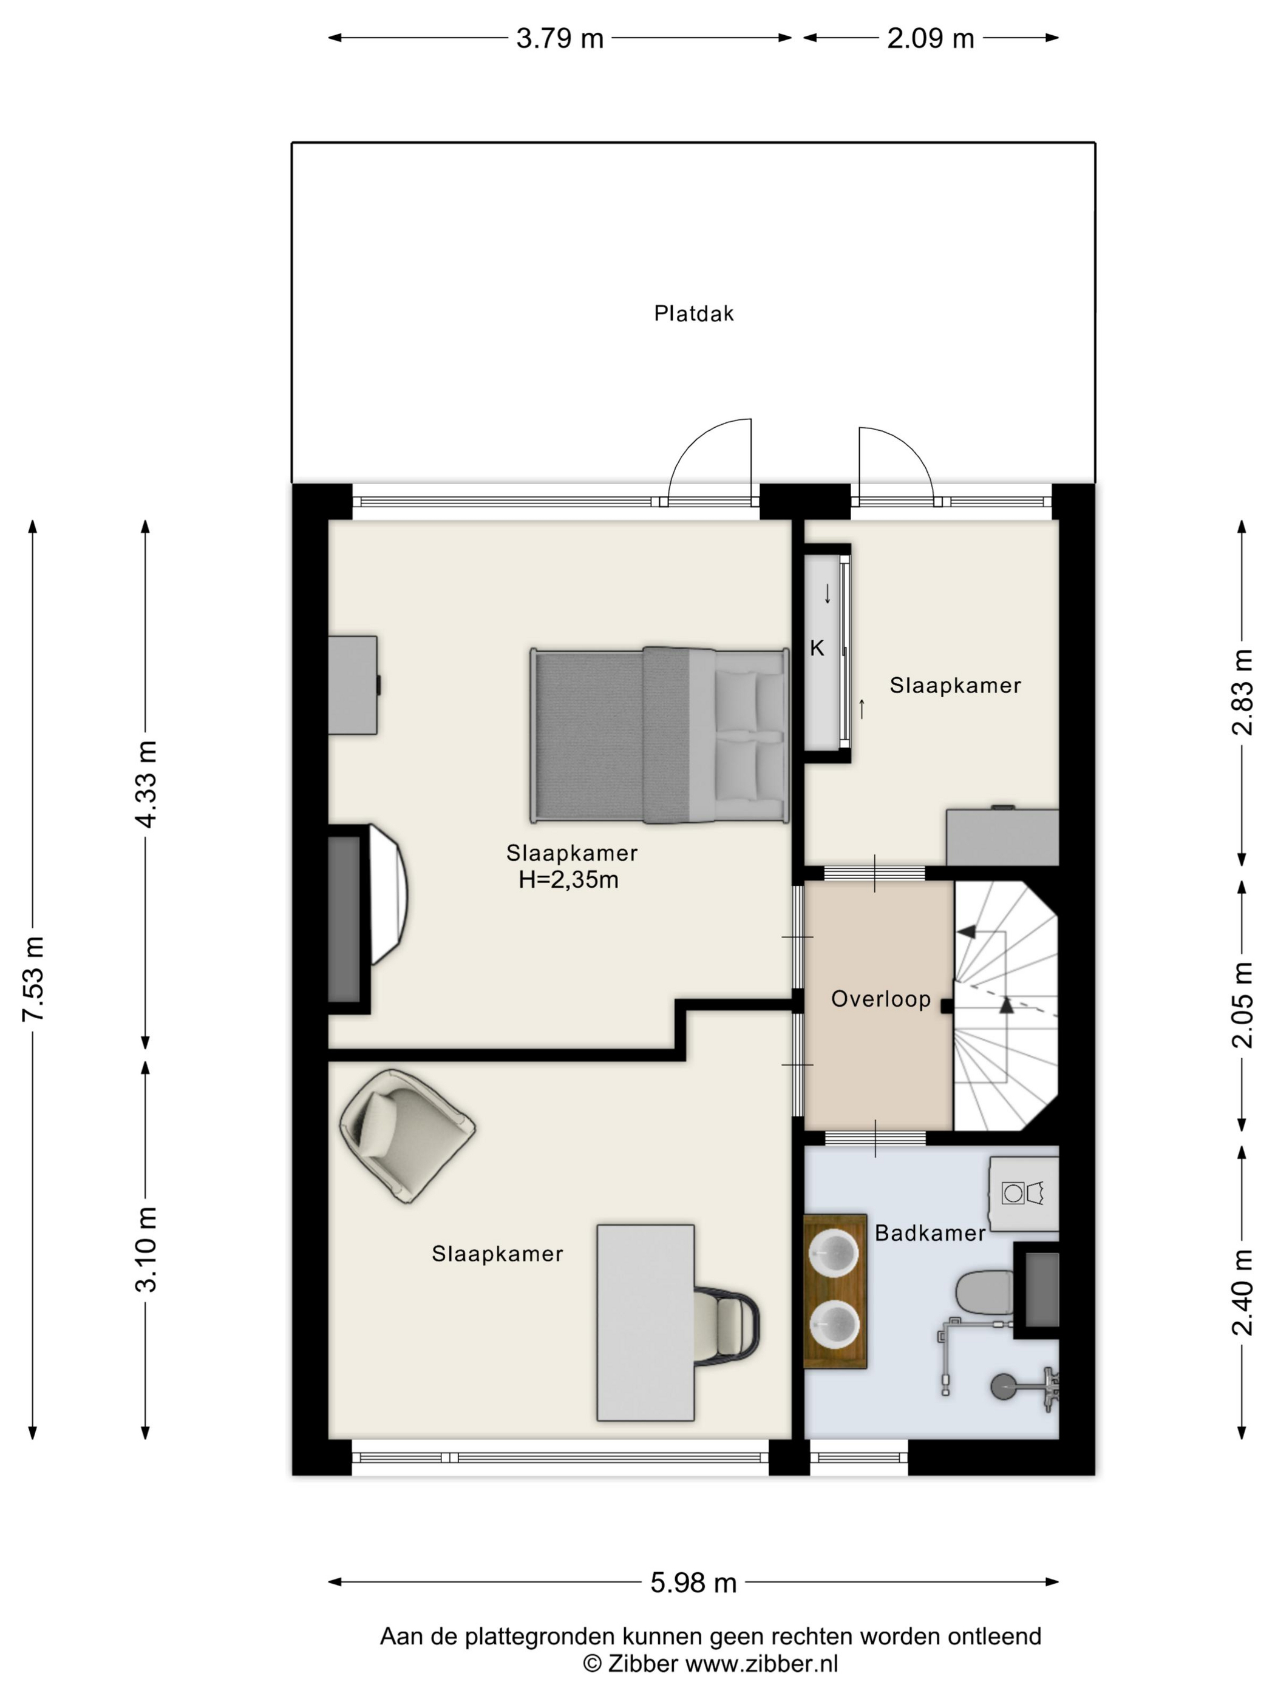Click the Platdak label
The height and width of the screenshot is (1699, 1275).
click(693, 313)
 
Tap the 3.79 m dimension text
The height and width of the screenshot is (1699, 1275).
click(560, 38)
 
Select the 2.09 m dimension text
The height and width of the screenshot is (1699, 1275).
click(930, 38)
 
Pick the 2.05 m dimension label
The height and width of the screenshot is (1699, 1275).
click(1242, 1005)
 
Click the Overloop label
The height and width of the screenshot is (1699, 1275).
click(881, 999)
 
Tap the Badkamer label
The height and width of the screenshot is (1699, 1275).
click(930, 1233)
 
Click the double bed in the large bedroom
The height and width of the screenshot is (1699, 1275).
click(659, 735)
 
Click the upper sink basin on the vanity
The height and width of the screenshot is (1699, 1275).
click(834, 1254)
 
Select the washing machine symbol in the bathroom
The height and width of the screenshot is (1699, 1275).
click(1024, 1193)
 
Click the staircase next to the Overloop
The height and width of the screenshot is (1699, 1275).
click(1006, 1005)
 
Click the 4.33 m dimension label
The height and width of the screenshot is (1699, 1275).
click(146, 783)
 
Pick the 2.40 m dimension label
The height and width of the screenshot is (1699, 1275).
click(1242, 1292)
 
